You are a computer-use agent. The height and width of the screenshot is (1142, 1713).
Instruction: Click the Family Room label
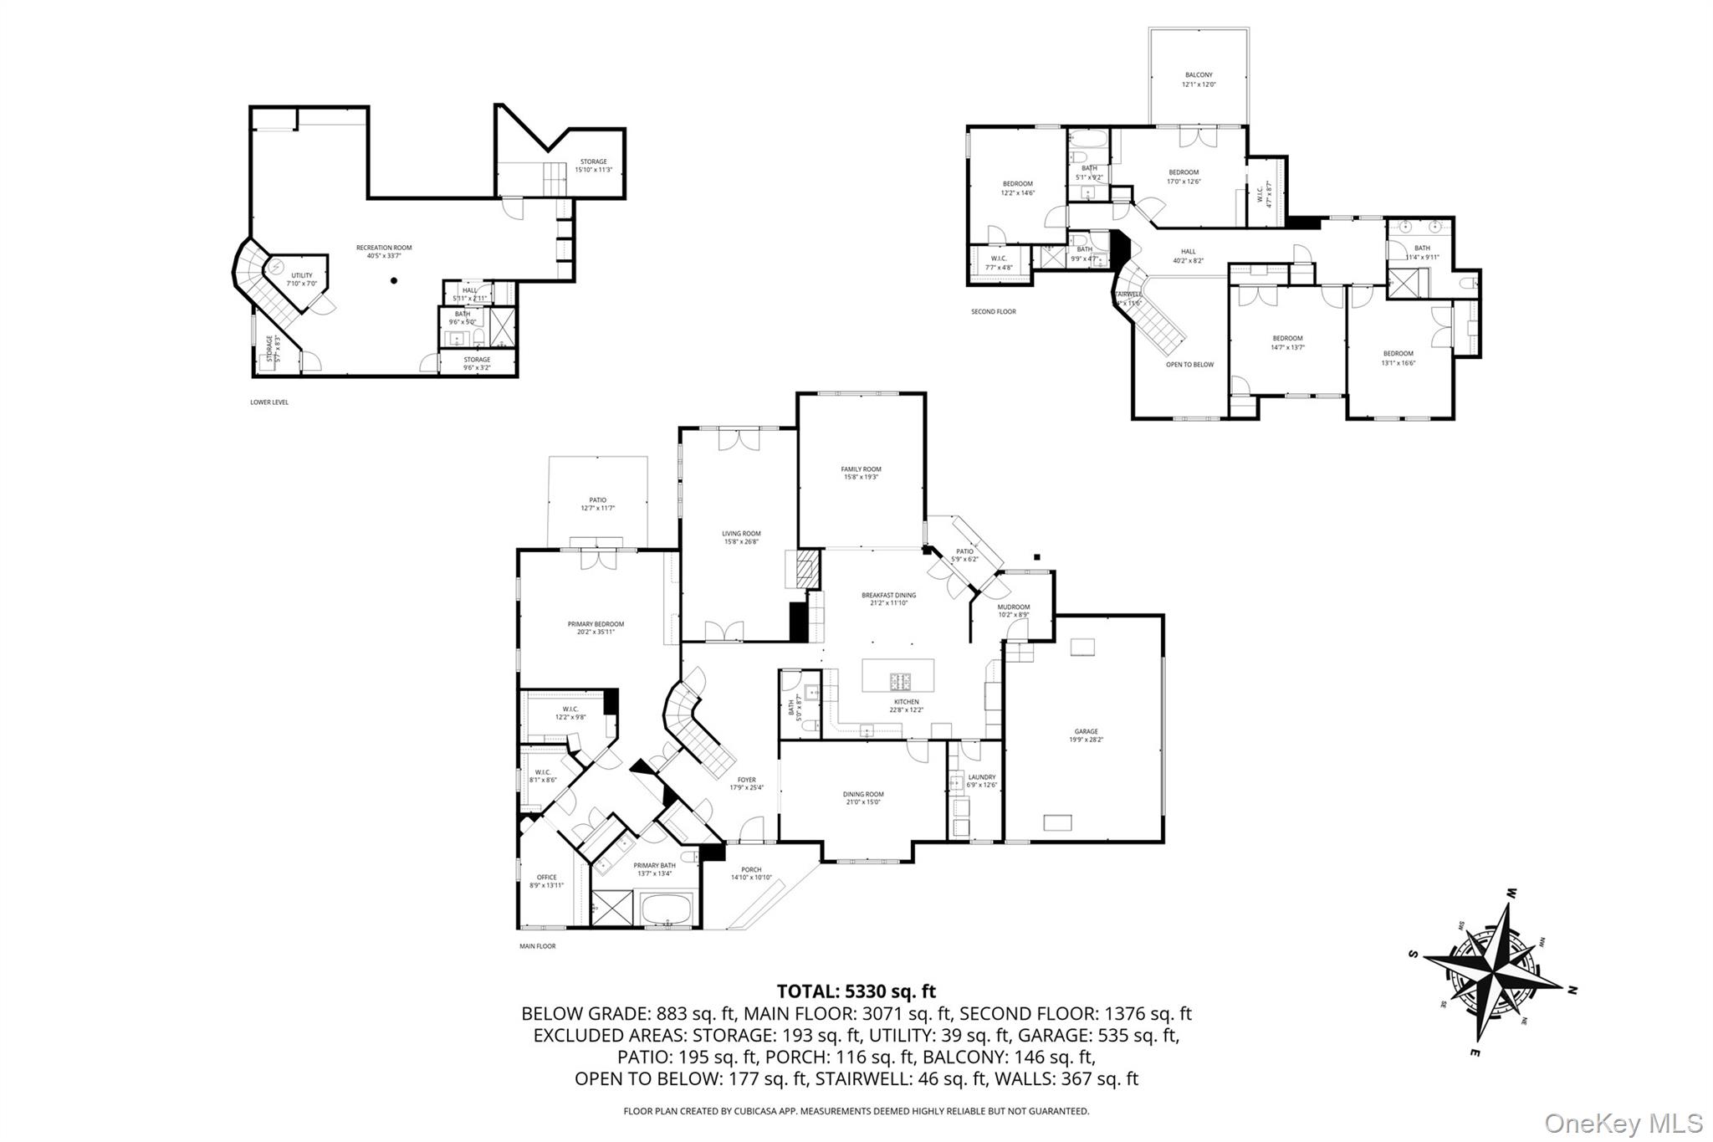(861, 473)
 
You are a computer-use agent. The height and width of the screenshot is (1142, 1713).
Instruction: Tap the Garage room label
(1086, 735)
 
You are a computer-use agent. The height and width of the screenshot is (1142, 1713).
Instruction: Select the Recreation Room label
(384, 251)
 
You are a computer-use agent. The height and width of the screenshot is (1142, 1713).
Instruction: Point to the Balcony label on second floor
(1198, 79)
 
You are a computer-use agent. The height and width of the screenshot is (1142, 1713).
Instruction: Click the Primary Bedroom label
(596, 627)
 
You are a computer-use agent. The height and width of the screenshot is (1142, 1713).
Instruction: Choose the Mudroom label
(1013, 610)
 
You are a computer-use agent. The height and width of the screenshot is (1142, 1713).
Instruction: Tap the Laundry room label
(981, 780)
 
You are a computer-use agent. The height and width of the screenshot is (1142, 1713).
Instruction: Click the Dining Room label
(863, 797)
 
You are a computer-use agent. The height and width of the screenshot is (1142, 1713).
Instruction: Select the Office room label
(546, 881)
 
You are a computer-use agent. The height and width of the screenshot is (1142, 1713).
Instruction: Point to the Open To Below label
(1189, 365)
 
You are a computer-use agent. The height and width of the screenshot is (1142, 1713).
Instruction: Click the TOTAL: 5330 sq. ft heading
(856, 991)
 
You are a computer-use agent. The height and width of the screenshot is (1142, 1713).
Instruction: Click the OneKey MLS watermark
(1623, 1123)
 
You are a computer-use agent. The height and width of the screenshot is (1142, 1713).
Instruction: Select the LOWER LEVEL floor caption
(268, 402)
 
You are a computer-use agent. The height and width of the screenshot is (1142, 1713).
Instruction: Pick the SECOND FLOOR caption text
(993, 312)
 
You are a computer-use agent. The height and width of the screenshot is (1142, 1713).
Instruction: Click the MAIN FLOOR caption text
(537, 946)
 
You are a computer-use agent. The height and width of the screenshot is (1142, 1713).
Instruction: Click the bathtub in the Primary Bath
(667, 909)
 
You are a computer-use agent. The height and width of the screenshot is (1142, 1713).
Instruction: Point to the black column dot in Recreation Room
(393, 281)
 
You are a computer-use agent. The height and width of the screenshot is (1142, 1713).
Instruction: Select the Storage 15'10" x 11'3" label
(593, 166)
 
